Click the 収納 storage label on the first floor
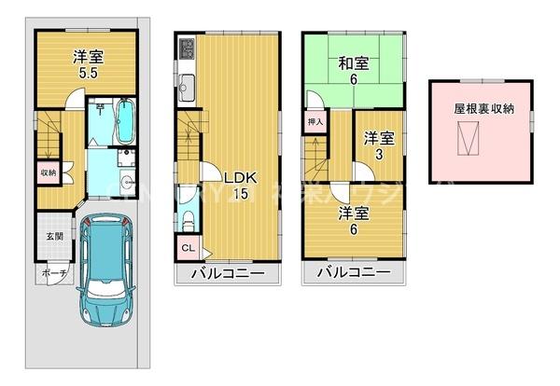pyautogui.click(x=48, y=172)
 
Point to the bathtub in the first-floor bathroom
pyautogui.click(x=125, y=120)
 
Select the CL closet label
pyautogui.click(x=187, y=247)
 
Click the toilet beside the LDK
pyautogui.click(x=188, y=220)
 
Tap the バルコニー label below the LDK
pyautogui.click(x=228, y=273)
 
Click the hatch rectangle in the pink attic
pyautogui.click(x=471, y=140)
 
